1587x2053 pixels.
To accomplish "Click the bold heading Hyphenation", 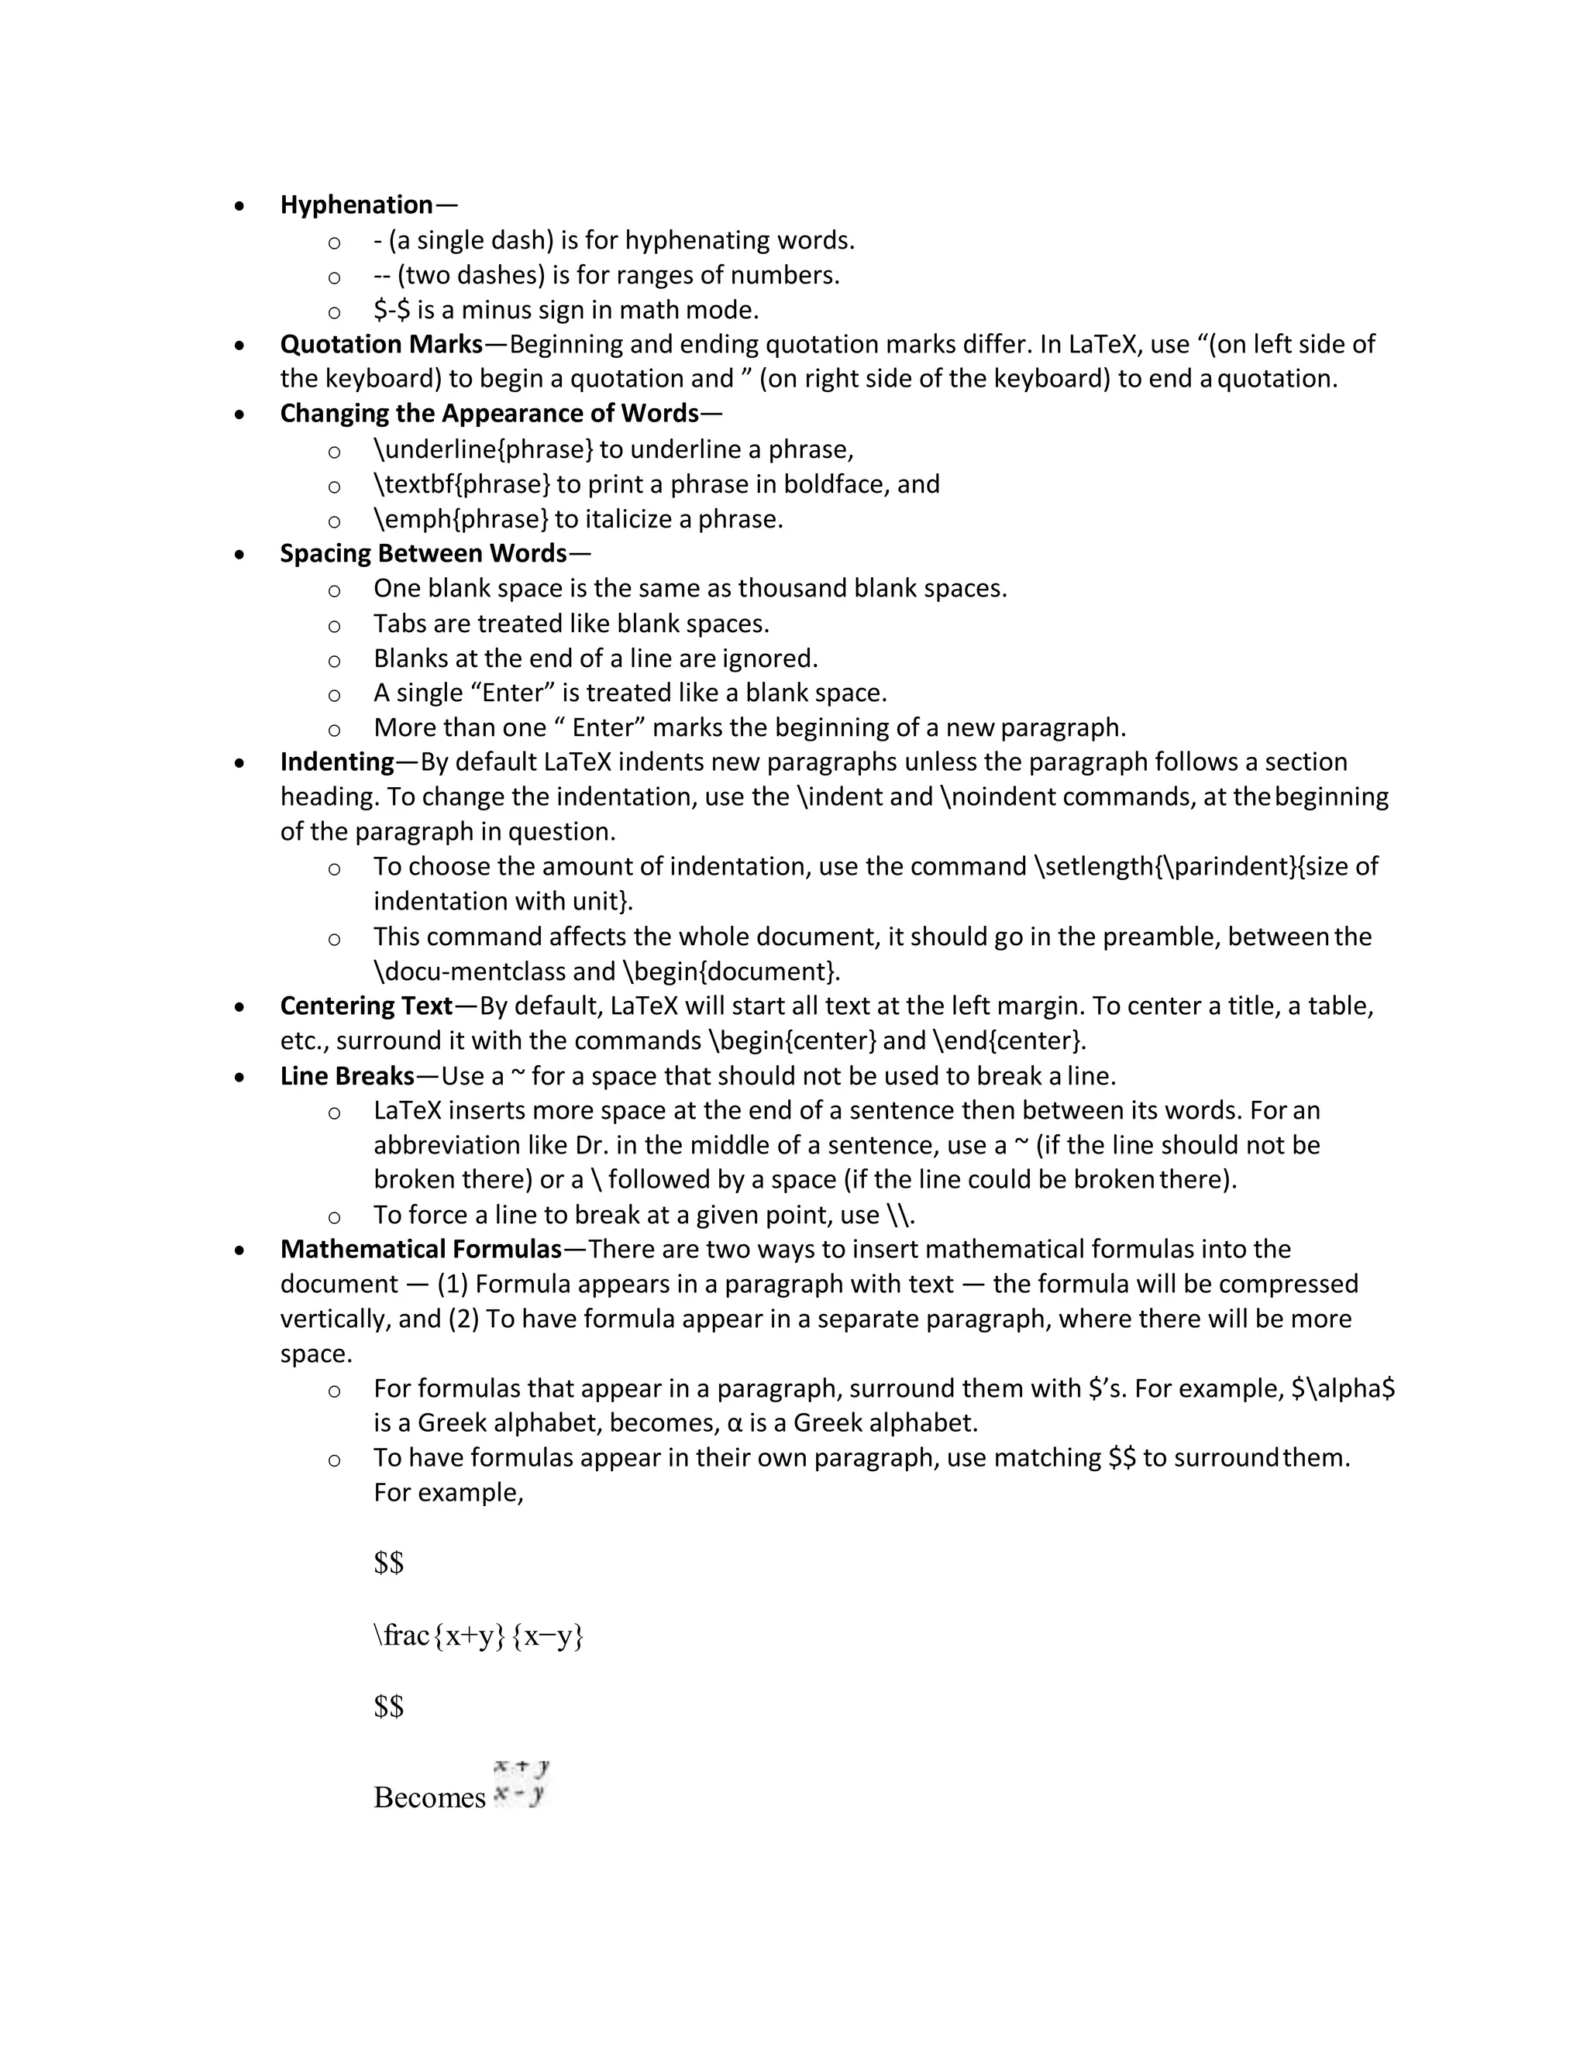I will pos(356,205).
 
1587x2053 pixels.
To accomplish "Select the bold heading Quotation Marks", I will pos(380,344).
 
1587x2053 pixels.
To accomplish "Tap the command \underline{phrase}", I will pos(484,449).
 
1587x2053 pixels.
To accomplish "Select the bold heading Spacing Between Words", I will pos(423,552).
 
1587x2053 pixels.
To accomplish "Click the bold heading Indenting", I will pos(336,762).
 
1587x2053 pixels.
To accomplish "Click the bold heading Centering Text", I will pos(367,1006).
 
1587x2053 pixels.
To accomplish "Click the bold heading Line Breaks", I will pos(347,1075).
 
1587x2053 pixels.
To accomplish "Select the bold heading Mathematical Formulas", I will pos(420,1250).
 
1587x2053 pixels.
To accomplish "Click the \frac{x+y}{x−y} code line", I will pos(479,1635).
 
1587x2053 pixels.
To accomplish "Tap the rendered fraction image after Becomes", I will pos(521,1783).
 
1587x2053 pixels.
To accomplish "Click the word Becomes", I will pos(429,1797).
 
